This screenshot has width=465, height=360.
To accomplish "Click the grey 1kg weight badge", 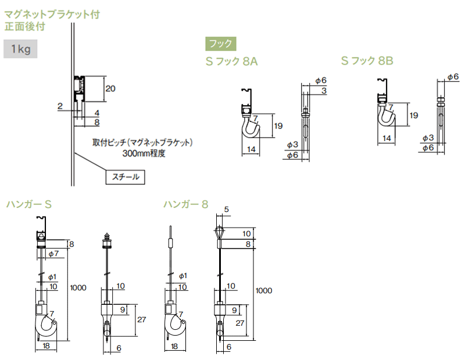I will click(x=20, y=49).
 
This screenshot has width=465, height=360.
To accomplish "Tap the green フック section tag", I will click(x=220, y=43).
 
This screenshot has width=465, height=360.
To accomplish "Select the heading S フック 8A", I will click(x=231, y=61).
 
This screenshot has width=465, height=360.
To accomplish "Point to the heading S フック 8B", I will click(x=369, y=60).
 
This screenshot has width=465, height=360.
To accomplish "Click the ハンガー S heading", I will click(x=30, y=204).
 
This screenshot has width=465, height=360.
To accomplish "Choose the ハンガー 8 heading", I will click(x=185, y=204).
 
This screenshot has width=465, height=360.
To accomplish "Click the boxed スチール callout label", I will click(x=125, y=176).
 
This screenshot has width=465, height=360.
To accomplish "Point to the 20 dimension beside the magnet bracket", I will click(x=110, y=88).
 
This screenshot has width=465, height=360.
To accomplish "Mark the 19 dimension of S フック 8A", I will click(x=278, y=125).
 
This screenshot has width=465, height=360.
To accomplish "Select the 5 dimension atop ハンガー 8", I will click(x=226, y=210).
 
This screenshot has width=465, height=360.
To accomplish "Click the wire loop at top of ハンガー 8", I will click(x=219, y=232).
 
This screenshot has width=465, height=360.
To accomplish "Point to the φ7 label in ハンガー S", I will click(x=52, y=254).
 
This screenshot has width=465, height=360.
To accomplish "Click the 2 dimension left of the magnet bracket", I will click(x=60, y=106).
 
